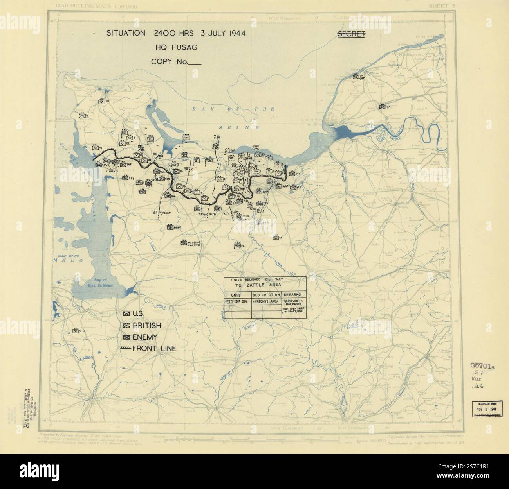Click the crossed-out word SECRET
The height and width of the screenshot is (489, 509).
click(351, 34)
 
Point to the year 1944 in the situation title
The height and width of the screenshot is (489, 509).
click(233, 33)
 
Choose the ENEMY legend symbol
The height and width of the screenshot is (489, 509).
click(126, 337)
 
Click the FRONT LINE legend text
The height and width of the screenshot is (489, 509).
click(154, 348)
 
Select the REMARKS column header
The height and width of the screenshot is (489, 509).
click(293, 295)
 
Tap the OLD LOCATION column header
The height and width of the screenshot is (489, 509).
click(266, 295)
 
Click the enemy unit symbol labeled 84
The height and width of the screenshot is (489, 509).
click(382, 106)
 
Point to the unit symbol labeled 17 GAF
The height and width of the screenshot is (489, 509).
click(356, 77)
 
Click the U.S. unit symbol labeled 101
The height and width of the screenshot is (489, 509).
click(102, 102)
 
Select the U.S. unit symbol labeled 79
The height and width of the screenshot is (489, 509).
click(94, 148)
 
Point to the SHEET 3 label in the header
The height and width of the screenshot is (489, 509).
click(442, 5)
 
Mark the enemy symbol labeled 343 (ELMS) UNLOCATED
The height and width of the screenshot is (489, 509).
click(183, 243)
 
